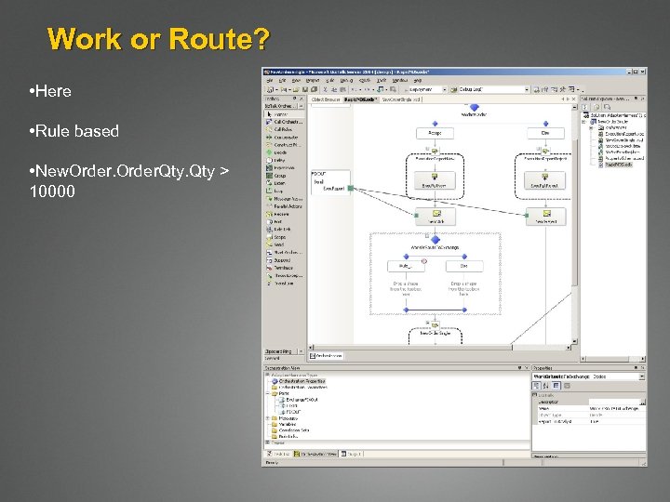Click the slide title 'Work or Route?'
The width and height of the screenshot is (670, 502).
pyautogui.click(x=159, y=39)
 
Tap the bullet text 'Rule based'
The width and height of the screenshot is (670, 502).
pyautogui.click(x=77, y=131)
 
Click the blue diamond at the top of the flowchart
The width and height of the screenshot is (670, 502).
pyautogui.click(x=474, y=108)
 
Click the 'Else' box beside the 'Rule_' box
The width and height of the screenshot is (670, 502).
pyautogui.click(x=464, y=266)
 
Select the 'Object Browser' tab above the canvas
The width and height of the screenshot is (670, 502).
pyautogui.click(x=325, y=99)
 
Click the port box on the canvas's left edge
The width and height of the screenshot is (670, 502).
pyautogui.click(x=328, y=180)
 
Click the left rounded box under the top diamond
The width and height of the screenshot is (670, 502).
pyautogui.click(x=435, y=133)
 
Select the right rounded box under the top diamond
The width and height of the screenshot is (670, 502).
pyautogui.click(x=544, y=133)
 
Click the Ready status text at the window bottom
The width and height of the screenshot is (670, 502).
pyautogui.click(x=271, y=462)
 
